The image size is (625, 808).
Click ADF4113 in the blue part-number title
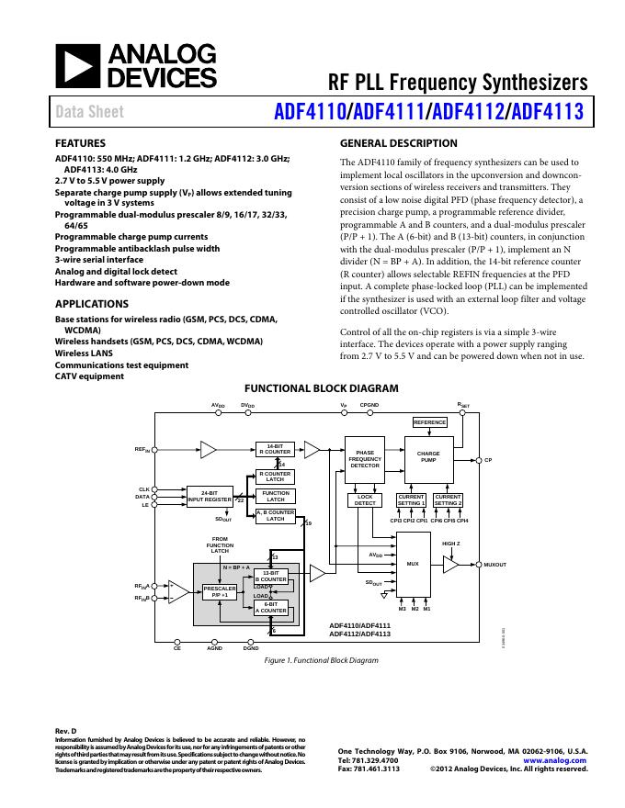click(548, 112)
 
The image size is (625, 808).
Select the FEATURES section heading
click(80, 143)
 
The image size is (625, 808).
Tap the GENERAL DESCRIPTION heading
click(398, 143)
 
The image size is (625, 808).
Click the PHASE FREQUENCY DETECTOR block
click(365, 459)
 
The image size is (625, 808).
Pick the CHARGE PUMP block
click(428, 456)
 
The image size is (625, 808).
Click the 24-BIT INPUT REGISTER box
click(210, 497)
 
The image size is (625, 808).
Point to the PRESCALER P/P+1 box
click(220, 591)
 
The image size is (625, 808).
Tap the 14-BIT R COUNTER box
click(275, 449)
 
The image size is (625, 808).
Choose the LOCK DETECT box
click(365, 499)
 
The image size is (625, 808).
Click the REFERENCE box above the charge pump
click(429, 422)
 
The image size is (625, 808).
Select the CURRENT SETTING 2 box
click(449, 499)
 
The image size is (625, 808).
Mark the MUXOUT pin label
click(495, 565)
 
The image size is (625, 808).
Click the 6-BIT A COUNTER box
click(271, 607)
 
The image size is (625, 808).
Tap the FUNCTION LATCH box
click(275, 497)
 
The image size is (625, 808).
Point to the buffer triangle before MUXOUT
click(449, 566)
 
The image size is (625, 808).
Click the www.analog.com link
click(555, 760)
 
